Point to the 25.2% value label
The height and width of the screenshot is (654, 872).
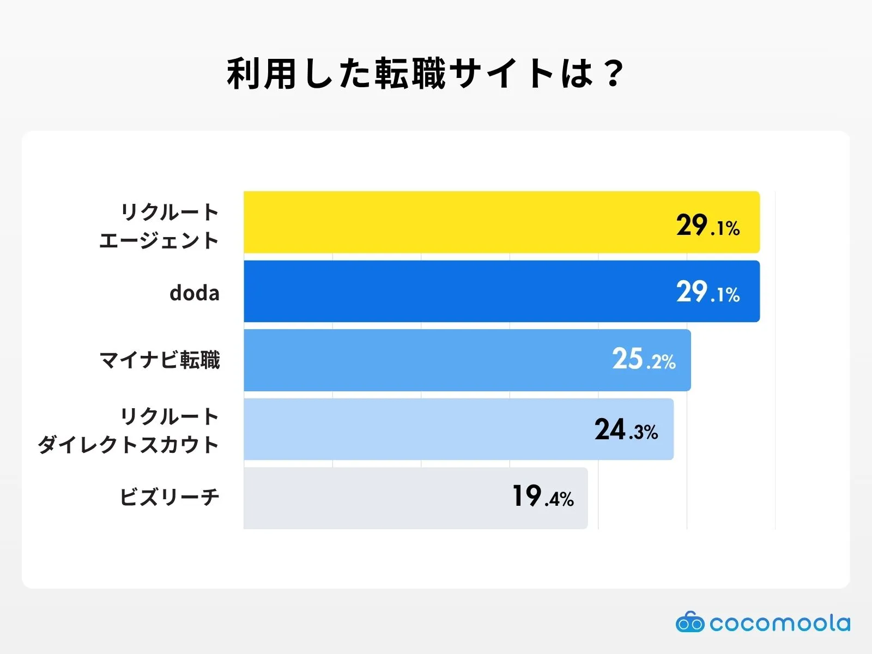644,360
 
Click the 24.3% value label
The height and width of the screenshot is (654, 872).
626,430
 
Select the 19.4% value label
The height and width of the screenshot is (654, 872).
543,497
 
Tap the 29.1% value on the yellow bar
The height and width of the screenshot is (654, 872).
707,226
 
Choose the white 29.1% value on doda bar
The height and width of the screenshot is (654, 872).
707,292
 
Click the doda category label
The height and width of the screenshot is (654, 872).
195,293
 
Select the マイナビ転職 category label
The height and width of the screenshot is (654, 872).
160,360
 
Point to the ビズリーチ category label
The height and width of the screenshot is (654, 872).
169,497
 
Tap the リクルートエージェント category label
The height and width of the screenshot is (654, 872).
159,226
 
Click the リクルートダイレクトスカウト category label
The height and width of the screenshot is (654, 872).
129,431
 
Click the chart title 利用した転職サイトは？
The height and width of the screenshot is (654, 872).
425,74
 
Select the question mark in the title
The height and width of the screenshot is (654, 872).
614,74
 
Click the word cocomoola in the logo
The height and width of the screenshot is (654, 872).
779,623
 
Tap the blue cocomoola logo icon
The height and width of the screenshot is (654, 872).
690,622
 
